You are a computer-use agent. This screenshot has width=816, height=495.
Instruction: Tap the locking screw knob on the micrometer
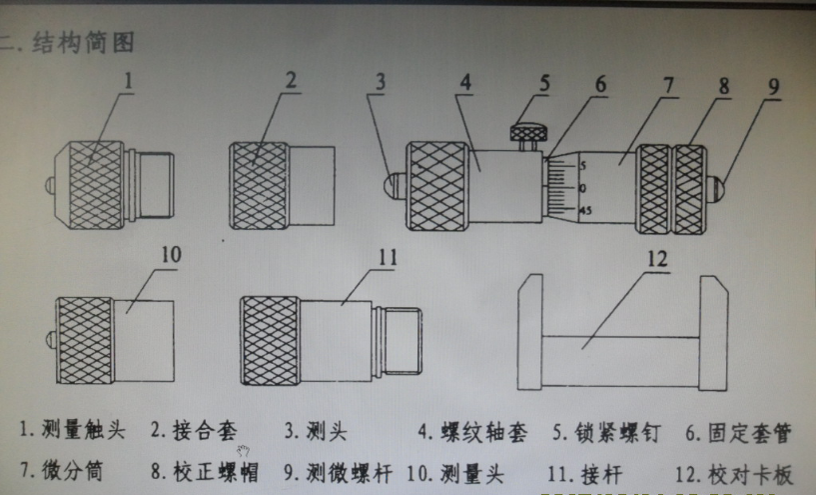coord(529,131)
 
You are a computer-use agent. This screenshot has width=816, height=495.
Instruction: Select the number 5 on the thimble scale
coord(582,165)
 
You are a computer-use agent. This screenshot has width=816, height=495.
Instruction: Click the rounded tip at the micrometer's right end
coord(716,188)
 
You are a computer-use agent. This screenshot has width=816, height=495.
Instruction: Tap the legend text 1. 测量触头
coord(73,431)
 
